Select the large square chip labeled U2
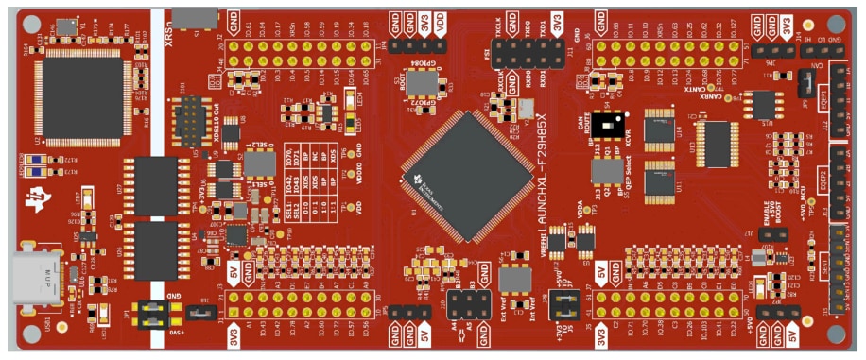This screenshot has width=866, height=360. coord(81,92)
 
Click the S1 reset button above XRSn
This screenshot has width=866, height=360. coord(196,16)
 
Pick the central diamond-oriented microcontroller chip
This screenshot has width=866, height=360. coord(465,173)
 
